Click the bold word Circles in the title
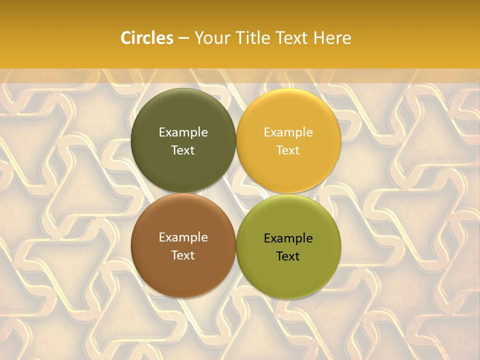click(x=146, y=38)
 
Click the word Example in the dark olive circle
click(x=183, y=132)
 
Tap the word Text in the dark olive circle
click(x=183, y=150)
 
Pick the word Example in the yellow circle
click(x=288, y=132)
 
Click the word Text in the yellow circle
click(x=288, y=150)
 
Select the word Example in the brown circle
click(x=183, y=237)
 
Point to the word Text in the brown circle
click(x=183, y=255)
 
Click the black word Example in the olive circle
click(x=288, y=238)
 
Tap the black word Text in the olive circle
click(x=288, y=256)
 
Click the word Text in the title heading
click(x=289, y=38)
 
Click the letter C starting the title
click(x=126, y=38)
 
